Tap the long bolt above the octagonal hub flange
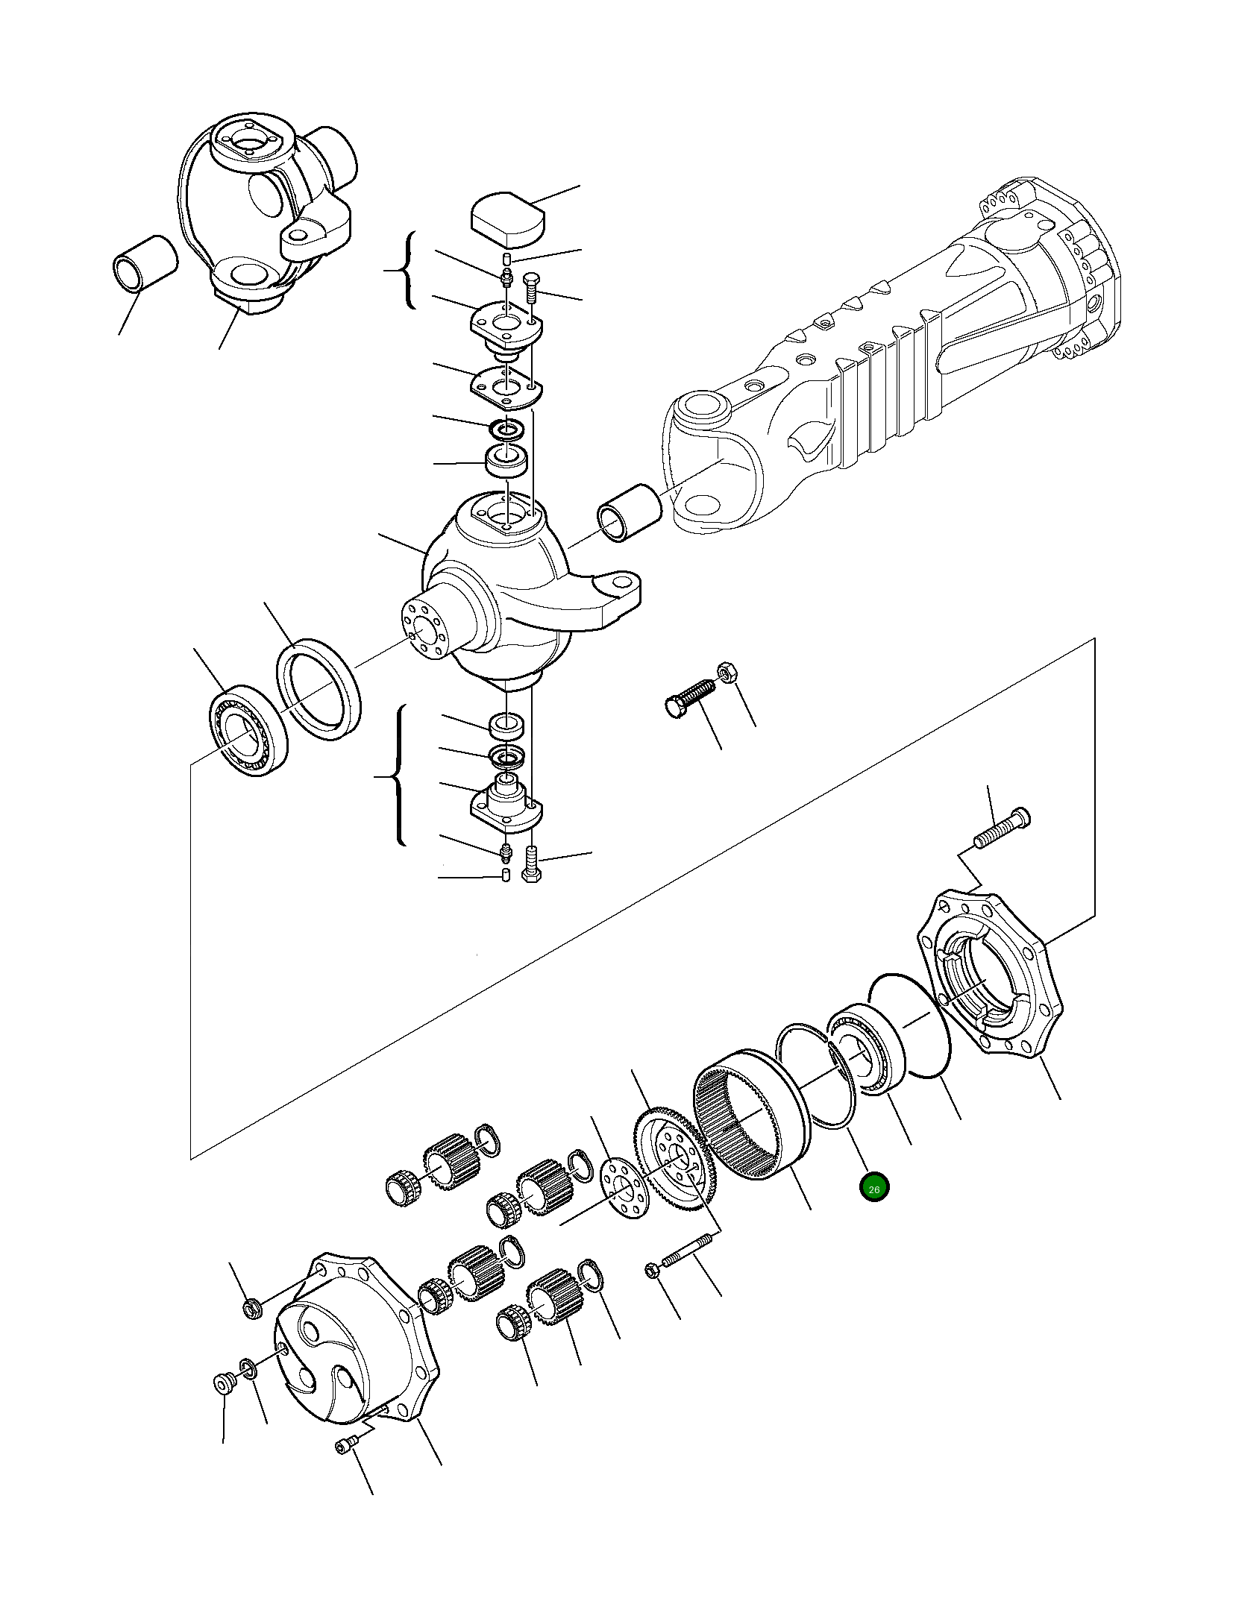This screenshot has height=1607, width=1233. [1002, 828]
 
